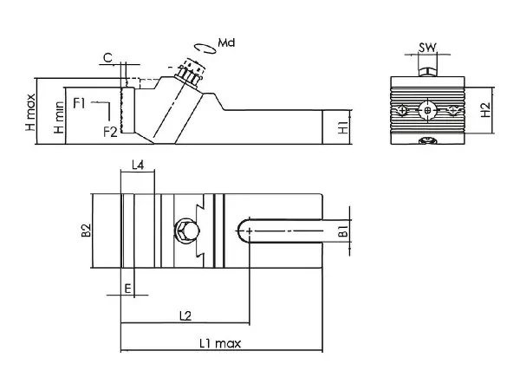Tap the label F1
tap(79, 104)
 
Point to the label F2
tap(110, 131)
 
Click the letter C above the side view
tap(107, 58)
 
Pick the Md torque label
tap(228, 42)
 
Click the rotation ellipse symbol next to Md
tap(203, 45)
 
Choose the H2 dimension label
tap(486, 110)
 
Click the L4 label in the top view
tap(137, 164)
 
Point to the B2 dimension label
tap(86, 231)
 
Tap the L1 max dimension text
tap(219, 343)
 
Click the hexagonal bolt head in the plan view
tap(186, 230)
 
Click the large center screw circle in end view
tap(426, 110)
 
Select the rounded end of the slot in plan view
tap(244, 230)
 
